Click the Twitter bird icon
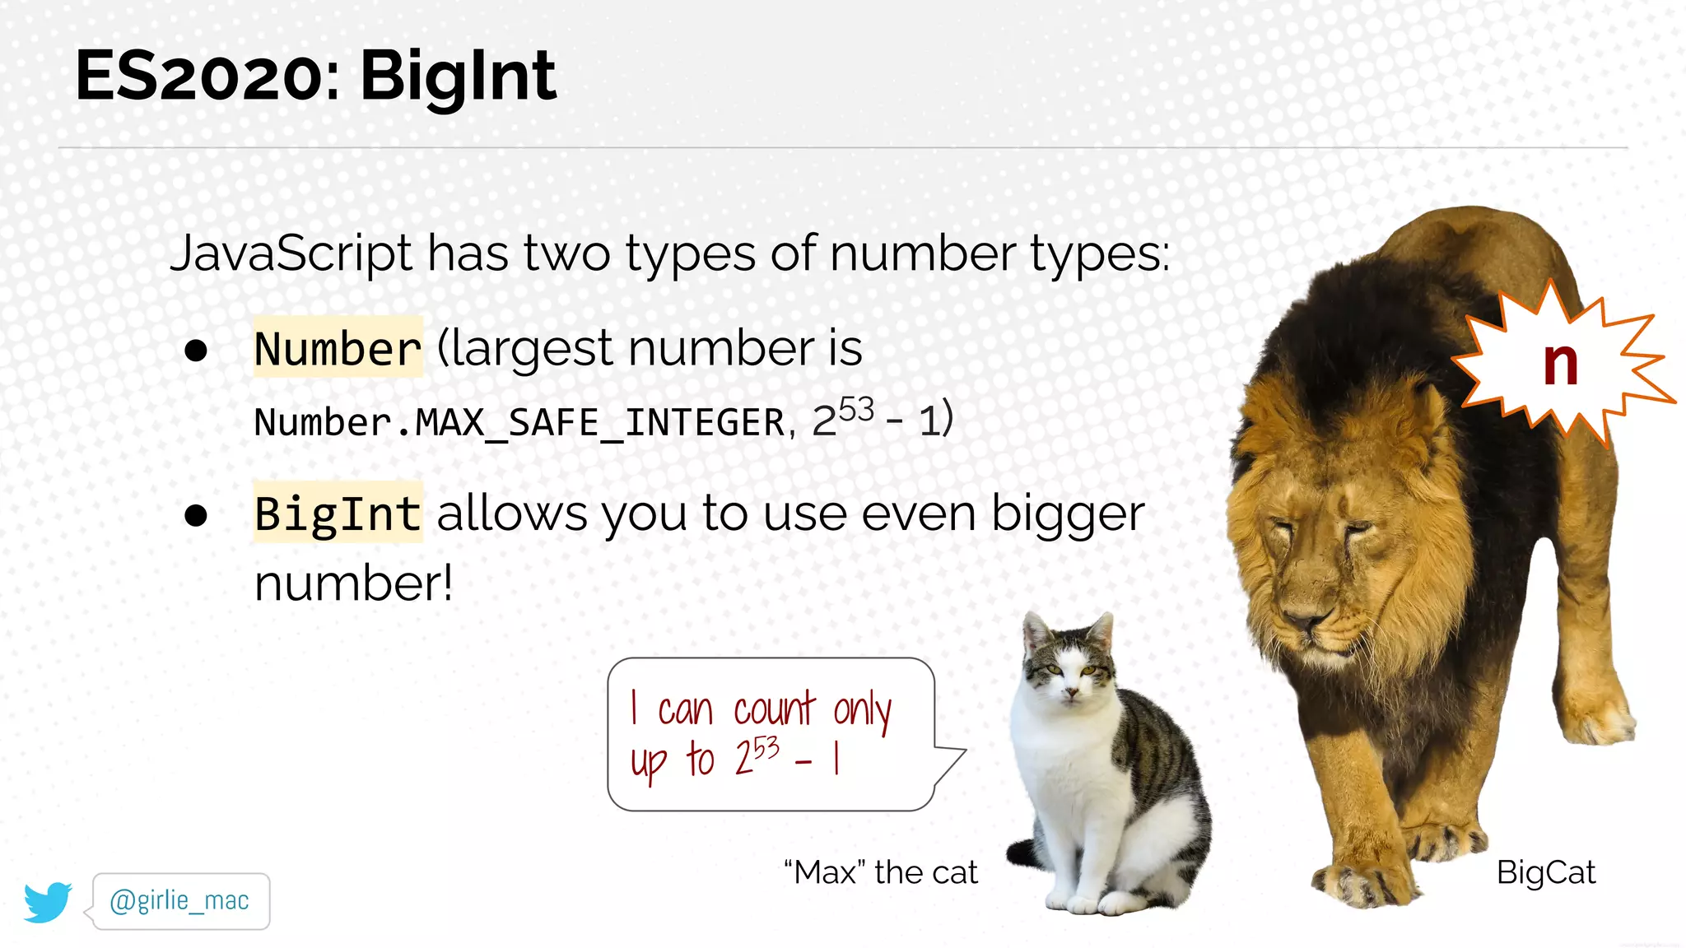(48, 902)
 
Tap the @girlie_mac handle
(179, 901)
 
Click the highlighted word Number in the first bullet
(338, 348)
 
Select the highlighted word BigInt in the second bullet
(338, 513)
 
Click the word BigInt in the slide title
(458, 77)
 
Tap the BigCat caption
(1545, 872)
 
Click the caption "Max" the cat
(881, 872)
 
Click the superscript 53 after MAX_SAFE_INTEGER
(856, 409)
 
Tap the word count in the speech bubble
(774, 709)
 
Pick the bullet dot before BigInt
(196, 516)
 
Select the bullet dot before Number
(196, 351)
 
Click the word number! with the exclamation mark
(354, 583)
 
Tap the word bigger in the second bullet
(1068, 515)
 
